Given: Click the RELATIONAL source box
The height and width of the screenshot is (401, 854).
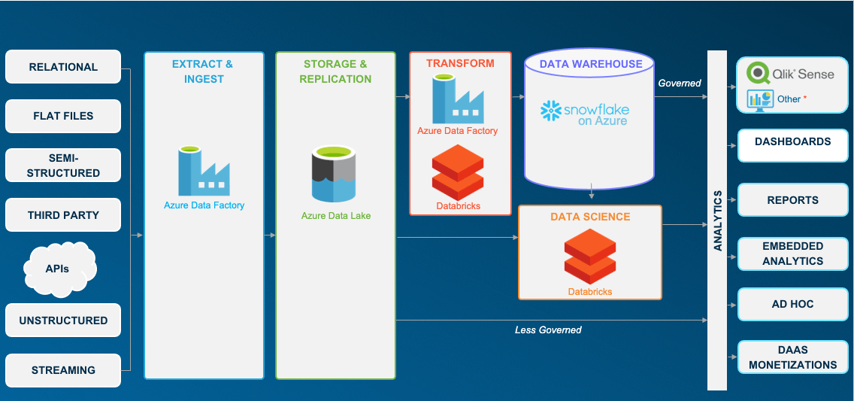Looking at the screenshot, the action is point(63,66).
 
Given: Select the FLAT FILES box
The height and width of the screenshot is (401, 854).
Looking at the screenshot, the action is point(63,116).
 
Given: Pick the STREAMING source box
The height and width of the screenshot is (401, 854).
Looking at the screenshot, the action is point(63,370).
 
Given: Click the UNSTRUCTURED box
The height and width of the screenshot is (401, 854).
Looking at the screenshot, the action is point(63,320).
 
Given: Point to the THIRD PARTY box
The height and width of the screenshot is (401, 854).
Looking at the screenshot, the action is point(63,214).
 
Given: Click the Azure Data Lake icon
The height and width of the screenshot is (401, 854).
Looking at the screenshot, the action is point(334,174).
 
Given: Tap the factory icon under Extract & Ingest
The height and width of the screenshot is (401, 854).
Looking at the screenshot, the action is point(204,171).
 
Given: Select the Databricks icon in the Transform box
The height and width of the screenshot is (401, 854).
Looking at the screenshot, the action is point(458,172).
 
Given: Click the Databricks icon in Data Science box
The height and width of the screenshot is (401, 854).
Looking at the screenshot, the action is point(590,256).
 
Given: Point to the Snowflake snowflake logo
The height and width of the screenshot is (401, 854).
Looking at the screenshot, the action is point(550,111).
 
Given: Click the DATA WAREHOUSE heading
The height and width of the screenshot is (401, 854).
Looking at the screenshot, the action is point(591,64).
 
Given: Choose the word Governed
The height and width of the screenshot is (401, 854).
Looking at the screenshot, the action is point(679,84).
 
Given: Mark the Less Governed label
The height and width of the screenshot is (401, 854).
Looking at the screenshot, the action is point(548,330).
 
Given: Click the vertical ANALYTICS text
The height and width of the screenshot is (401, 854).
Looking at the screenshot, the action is point(717,220).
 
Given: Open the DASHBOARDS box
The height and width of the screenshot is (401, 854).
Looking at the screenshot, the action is point(792,145).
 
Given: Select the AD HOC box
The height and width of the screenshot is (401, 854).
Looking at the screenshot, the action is point(792,304).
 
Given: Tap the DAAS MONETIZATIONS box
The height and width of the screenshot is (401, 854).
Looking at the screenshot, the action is point(792,357).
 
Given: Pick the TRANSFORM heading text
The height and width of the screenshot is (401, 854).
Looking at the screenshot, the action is point(460,63).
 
